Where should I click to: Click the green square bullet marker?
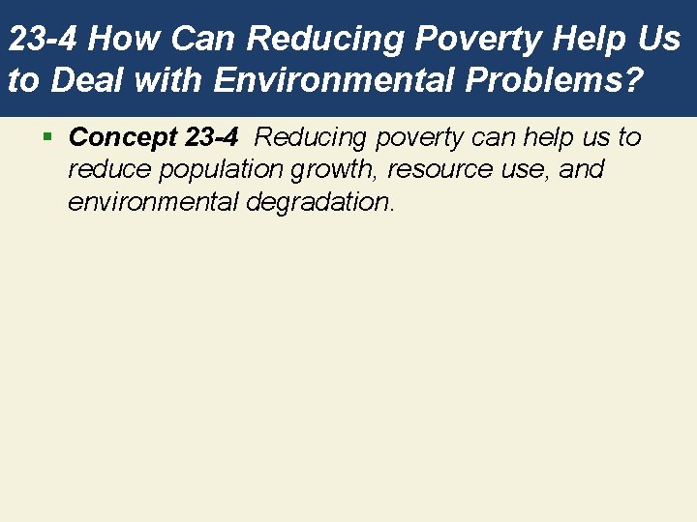47,137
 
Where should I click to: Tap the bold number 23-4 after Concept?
210,137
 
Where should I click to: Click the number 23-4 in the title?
48,40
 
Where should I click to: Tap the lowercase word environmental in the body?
141,203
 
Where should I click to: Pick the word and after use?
581,170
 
